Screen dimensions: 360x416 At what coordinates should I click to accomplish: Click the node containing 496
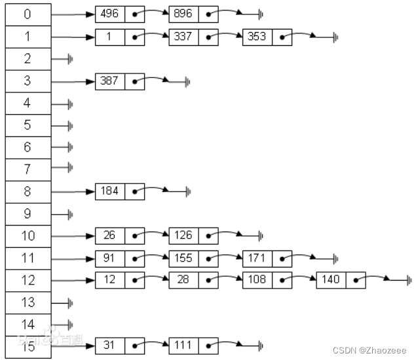pyautogui.click(x=110, y=14)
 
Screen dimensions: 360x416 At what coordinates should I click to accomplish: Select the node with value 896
pyautogui.click(x=183, y=14)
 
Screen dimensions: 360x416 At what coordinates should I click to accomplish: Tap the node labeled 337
pyautogui.click(x=183, y=36)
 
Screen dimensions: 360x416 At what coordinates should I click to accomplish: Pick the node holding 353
pyautogui.click(x=257, y=36)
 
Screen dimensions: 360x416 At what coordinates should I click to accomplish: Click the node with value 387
pyautogui.click(x=110, y=81)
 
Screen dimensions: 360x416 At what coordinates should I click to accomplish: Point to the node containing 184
pyautogui.click(x=110, y=191)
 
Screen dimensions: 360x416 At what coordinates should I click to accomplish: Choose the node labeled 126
pyautogui.click(x=183, y=235)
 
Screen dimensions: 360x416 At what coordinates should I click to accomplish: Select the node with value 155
pyautogui.click(x=183, y=258)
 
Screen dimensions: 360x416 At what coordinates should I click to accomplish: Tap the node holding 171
pyautogui.click(x=257, y=258)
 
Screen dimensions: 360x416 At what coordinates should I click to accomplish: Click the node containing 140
pyautogui.click(x=330, y=279)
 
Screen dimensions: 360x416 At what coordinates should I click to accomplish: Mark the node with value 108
pyautogui.click(x=257, y=279)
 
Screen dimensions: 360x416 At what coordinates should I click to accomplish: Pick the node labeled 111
pyautogui.click(x=183, y=345)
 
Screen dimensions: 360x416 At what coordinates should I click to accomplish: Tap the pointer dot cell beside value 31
pyautogui.click(x=135, y=345)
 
